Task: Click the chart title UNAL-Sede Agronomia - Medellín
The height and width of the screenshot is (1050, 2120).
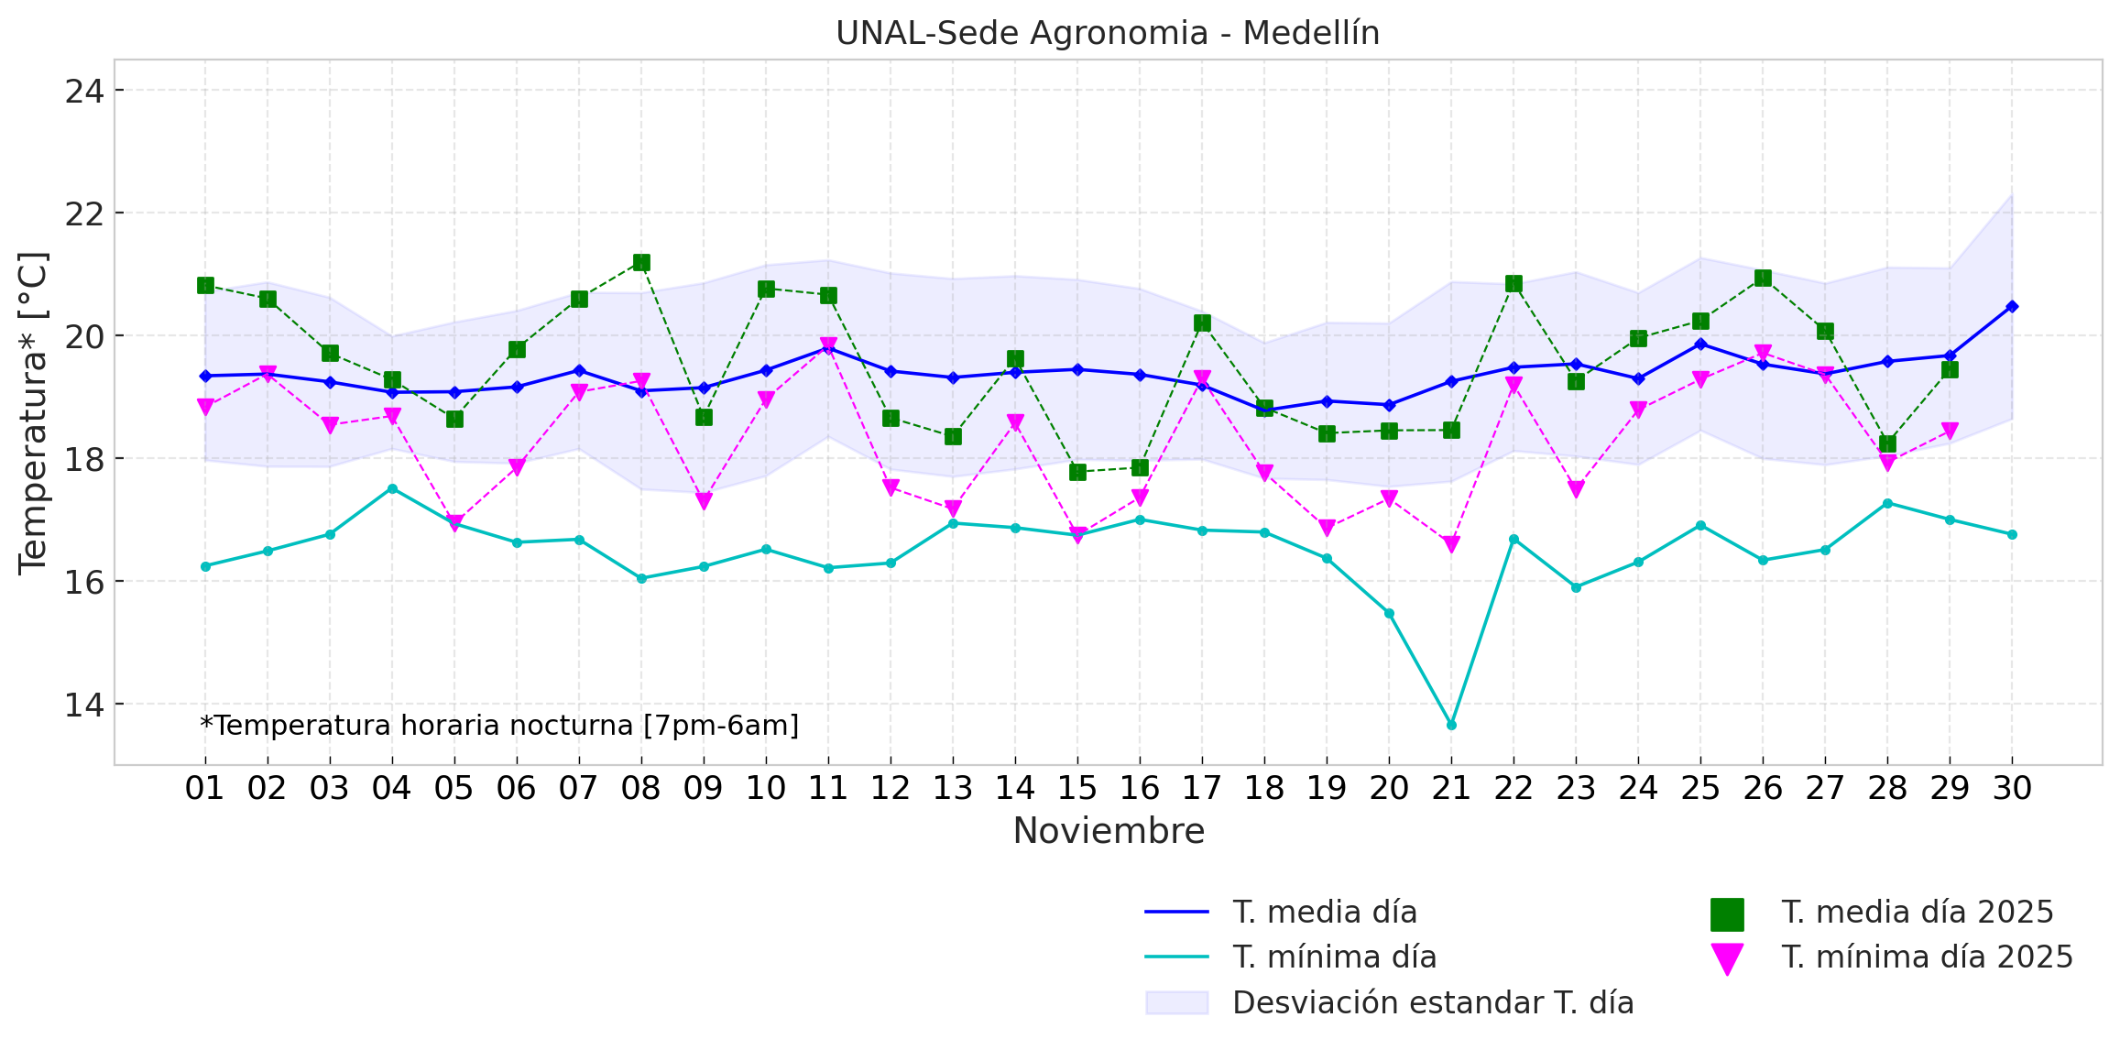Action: click(x=1108, y=33)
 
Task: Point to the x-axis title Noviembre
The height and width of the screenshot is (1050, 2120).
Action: click(x=1109, y=831)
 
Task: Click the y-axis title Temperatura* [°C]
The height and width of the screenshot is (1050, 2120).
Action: click(x=33, y=413)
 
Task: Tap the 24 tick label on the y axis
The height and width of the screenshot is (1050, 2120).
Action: click(x=83, y=91)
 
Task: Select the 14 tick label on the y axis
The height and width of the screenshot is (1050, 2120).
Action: click(x=83, y=705)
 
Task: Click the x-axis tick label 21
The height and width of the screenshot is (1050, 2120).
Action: click(x=1451, y=788)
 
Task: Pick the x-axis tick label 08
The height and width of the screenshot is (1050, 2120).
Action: click(x=640, y=788)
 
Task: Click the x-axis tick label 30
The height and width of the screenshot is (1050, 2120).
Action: click(x=2012, y=788)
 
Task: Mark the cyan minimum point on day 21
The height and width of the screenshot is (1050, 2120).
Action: click(x=1451, y=725)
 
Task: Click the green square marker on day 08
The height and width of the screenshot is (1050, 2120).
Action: click(x=641, y=263)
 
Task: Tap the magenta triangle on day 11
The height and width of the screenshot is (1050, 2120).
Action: click(x=828, y=345)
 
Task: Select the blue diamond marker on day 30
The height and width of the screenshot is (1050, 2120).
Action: click(x=2012, y=306)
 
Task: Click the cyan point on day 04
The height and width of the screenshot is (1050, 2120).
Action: click(x=392, y=488)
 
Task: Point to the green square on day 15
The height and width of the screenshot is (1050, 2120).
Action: click(x=1077, y=472)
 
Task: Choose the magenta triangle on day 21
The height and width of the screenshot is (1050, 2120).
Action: click(x=1451, y=544)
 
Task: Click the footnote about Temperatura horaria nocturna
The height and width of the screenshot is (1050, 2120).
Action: click(x=499, y=726)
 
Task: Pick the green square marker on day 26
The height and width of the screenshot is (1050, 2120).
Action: click(x=1763, y=279)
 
